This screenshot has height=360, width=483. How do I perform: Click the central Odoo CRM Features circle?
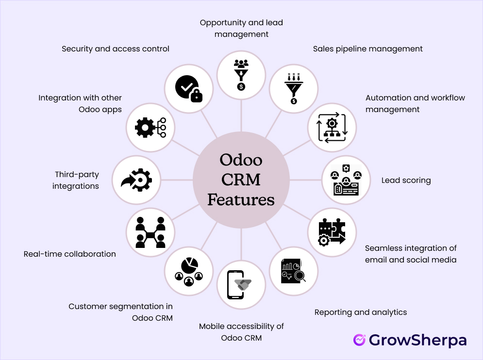point(241,180)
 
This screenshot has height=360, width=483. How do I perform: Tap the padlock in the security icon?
point(197,96)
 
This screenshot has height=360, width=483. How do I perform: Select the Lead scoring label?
point(406,180)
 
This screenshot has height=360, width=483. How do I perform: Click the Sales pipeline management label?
point(368,49)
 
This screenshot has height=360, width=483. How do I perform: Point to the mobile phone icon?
point(235,284)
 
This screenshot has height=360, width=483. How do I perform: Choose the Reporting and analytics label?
point(360,312)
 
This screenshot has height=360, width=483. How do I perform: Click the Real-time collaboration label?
point(70,254)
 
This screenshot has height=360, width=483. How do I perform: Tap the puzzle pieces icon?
point(332,232)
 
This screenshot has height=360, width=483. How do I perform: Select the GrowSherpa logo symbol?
point(359,340)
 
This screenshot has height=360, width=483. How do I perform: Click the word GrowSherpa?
point(417,341)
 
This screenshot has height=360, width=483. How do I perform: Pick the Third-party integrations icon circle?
point(136,180)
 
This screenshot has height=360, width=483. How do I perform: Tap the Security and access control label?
point(116,49)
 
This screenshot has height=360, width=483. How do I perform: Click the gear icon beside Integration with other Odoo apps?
point(144,128)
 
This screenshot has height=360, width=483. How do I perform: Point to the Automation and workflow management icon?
point(332,128)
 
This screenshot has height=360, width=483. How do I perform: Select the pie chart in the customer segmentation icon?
point(189,265)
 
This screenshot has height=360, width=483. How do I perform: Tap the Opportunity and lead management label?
point(241,28)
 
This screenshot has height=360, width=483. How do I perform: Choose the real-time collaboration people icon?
point(150,232)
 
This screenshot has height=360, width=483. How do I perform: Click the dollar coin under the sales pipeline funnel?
point(294,101)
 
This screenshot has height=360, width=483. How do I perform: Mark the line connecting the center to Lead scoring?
point(306,180)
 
